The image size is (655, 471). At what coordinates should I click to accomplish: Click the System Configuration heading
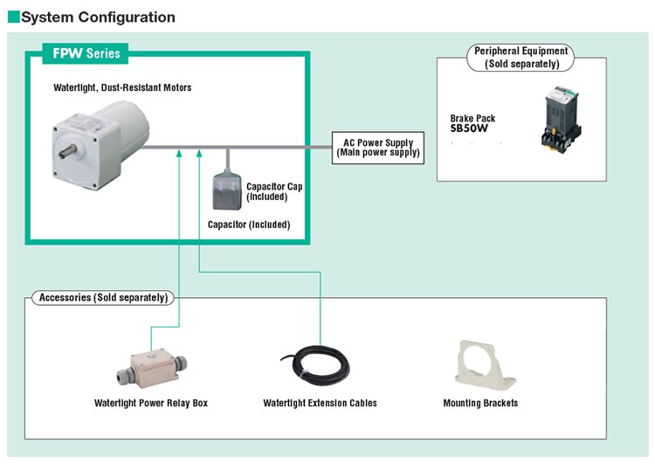click(98, 17)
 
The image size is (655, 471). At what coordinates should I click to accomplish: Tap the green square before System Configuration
click(12, 17)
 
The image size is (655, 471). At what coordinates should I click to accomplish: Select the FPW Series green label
click(85, 54)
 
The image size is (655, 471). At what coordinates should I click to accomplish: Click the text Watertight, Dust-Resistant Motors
click(122, 87)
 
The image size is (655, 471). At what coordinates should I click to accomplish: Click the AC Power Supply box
click(378, 147)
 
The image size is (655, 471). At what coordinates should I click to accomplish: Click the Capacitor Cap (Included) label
click(274, 191)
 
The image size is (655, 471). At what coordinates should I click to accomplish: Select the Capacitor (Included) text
click(249, 225)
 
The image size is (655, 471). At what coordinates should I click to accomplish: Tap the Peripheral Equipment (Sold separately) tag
click(521, 58)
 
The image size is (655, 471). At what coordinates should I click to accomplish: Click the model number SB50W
click(469, 128)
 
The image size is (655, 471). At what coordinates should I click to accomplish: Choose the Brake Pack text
click(472, 117)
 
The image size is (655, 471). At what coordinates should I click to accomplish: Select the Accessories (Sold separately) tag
click(103, 298)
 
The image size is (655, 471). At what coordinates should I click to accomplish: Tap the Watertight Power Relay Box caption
click(151, 404)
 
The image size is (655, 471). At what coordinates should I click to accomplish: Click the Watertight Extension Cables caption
click(320, 404)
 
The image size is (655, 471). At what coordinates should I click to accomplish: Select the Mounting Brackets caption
click(480, 404)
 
